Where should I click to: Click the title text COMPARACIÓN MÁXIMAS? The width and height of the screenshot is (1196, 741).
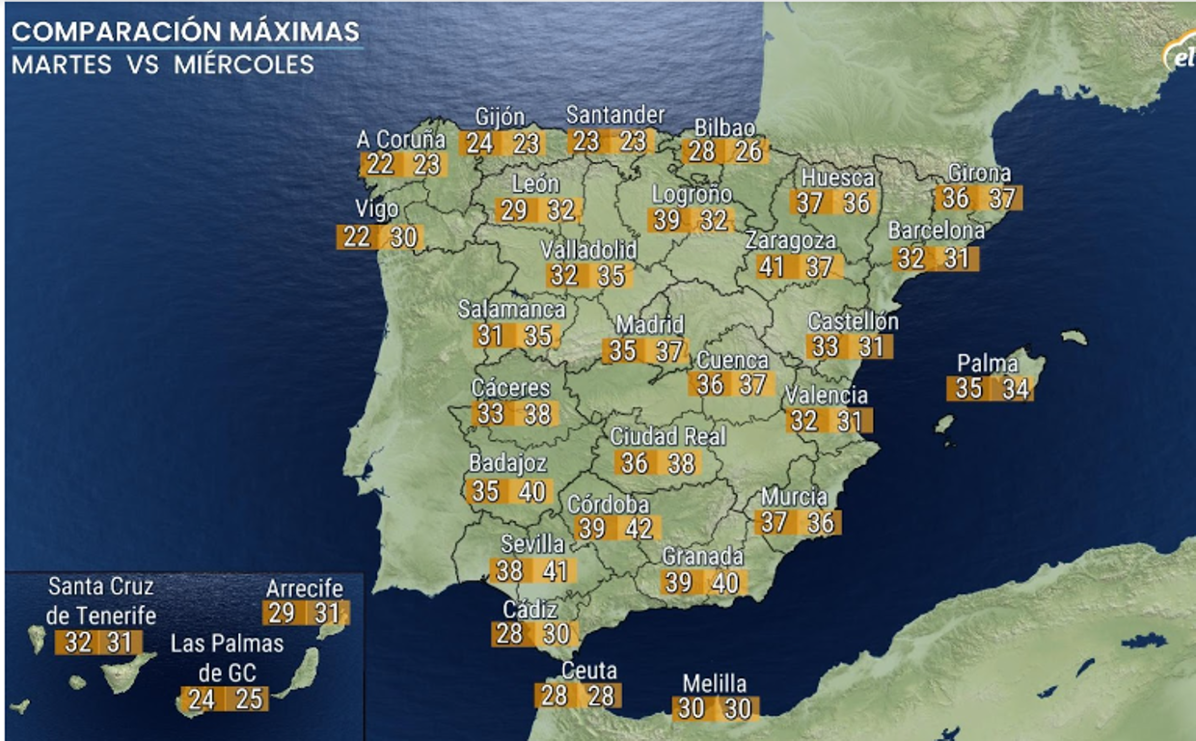185,31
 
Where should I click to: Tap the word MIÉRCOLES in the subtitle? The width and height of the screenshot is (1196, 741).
244,65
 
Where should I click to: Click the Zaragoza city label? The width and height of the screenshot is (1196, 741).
790,241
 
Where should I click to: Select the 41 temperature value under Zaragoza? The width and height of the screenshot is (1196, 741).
772,266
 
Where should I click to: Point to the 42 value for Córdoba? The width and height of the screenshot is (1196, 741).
639,528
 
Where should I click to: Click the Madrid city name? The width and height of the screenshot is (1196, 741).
649,325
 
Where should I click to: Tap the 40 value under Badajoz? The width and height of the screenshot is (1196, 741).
532,491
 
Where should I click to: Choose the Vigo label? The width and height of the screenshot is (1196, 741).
376,209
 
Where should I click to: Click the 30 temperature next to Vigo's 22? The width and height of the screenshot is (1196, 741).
405,236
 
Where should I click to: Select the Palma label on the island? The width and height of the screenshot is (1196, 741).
987,364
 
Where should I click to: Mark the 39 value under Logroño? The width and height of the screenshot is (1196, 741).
666,220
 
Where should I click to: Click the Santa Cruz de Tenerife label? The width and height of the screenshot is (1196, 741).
100,600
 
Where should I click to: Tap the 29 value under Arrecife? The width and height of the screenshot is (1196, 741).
282,613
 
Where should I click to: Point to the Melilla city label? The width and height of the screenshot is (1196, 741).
714,683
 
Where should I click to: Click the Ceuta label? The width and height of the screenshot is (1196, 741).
588,671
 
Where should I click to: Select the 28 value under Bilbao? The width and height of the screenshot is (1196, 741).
702,151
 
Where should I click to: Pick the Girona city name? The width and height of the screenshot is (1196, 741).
979,174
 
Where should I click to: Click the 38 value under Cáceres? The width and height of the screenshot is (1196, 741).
537,414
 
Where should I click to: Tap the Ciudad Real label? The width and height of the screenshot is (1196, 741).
667,436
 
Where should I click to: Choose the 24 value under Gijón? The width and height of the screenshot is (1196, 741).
479,144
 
